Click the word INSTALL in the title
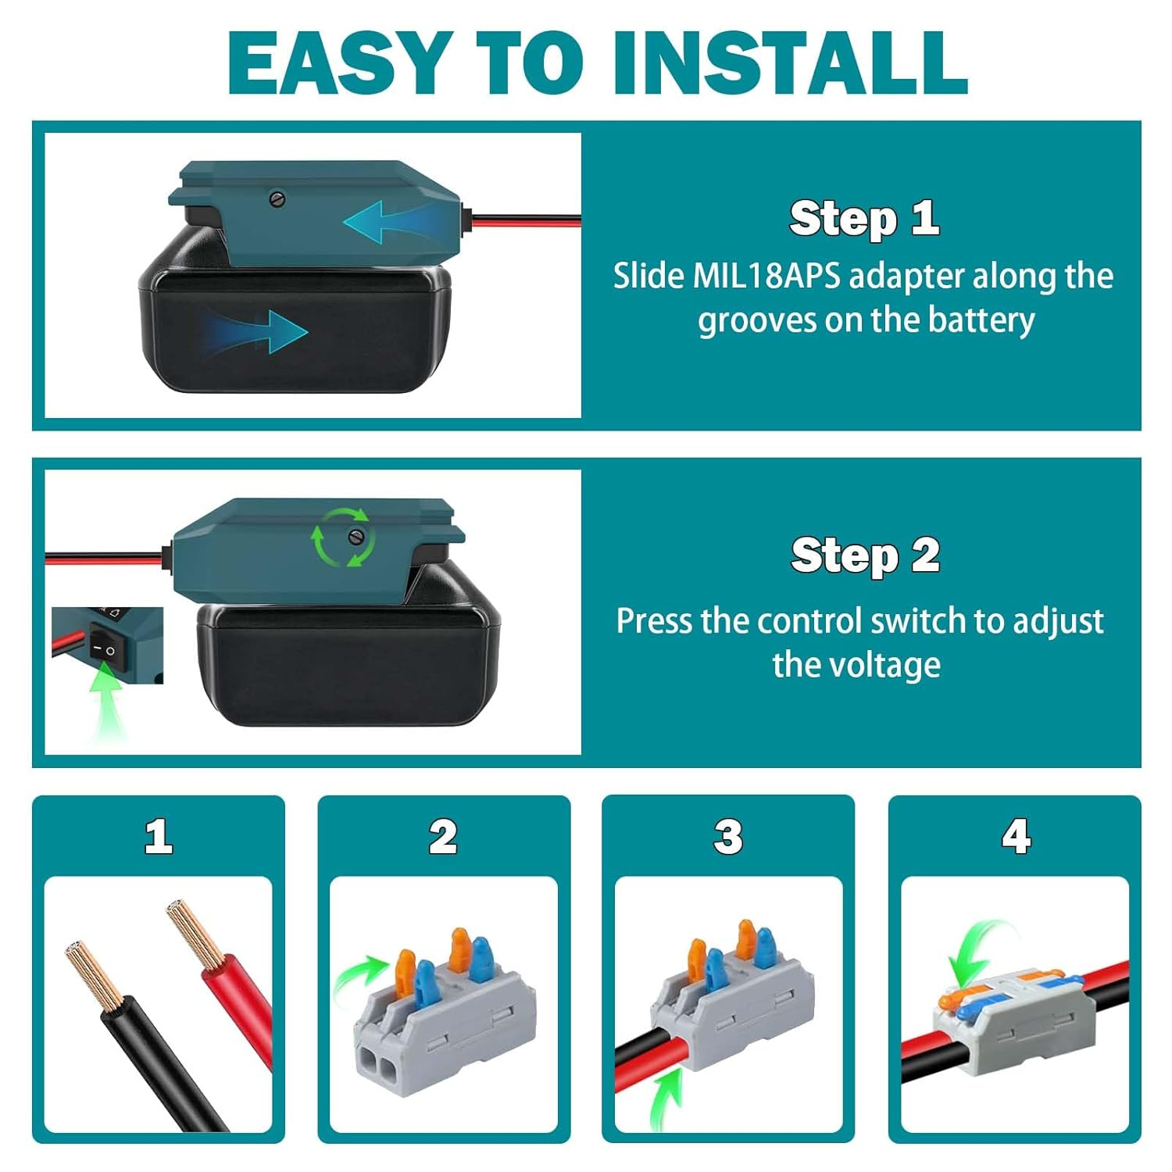coord(790,62)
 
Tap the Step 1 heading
coord(863,217)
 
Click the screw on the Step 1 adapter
coord(277,198)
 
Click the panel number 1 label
coord(159,836)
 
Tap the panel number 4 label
coord(1016,836)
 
